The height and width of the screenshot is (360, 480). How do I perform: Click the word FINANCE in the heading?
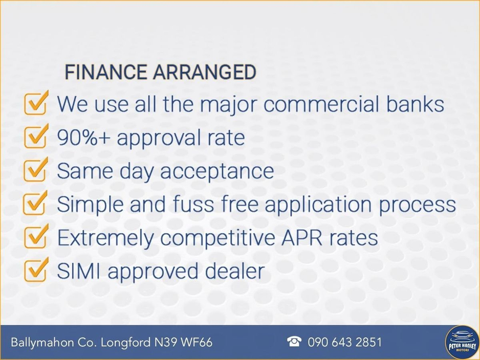tap(105, 72)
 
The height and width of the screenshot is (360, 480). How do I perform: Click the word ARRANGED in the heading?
tap(205, 72)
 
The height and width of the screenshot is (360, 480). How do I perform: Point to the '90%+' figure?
tap(83, 138)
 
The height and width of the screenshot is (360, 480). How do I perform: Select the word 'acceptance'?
tap(217, 171)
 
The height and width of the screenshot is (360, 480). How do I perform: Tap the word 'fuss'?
tap(193, 204)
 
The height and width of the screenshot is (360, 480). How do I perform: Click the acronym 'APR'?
tap(302, 237)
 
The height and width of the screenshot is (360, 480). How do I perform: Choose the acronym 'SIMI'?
tap(79, 271)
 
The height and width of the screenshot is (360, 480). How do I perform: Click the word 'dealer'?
tap(234, 271)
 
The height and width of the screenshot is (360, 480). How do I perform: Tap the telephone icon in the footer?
tap(294, 342)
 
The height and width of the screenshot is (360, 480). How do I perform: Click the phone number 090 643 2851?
tap(345, 342)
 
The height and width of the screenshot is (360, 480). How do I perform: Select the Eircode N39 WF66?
tap(183, 342)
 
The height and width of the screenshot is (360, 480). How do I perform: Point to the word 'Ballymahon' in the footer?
tap(42, 343)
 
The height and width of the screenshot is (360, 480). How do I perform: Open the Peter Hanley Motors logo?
tap(462, 342)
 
